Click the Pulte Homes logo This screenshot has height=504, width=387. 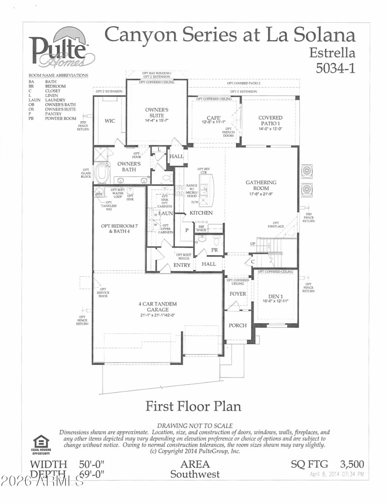point(62,48)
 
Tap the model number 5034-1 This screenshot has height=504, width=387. point(335,68)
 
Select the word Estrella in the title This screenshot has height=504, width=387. point(332,52)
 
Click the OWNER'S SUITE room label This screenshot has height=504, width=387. point(157,113)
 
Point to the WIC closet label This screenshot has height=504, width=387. point(110,121)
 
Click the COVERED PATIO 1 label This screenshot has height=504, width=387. point(270,121)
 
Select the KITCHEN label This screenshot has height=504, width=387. point(201,213)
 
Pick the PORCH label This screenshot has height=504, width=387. point(238,325)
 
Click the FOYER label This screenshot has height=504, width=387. point(238,294)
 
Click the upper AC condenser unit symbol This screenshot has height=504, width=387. point(307,171)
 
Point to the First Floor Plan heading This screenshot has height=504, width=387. point(193,406)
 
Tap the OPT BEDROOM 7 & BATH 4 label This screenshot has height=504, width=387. point(116,228)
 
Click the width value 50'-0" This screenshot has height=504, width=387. point(92,464)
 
